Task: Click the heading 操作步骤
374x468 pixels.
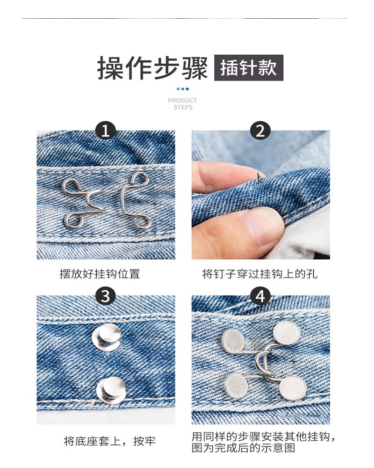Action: pos(152,68)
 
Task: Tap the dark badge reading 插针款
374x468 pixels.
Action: pos(249,68)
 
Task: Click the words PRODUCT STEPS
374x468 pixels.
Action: pos(182,104)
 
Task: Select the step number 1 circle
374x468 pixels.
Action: pos(106,131)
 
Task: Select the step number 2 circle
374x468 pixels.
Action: pos(260,131)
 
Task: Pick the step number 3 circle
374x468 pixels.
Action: pos(106,296)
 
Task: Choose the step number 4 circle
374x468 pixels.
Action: pos(260,296)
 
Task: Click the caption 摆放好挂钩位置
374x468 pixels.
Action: pos(100,274)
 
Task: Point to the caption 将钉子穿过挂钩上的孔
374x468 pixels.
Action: pos(260,274)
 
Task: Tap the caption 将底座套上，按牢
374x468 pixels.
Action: pos(110,441)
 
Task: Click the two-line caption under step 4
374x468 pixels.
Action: pos(263,442)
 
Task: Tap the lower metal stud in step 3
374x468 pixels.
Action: pos(111,390)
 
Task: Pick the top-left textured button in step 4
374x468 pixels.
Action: pos(233,340)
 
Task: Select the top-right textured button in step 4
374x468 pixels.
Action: pos(287,333)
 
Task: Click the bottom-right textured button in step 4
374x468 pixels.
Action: pos(293,388)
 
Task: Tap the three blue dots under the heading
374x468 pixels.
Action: pos(182,89)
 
